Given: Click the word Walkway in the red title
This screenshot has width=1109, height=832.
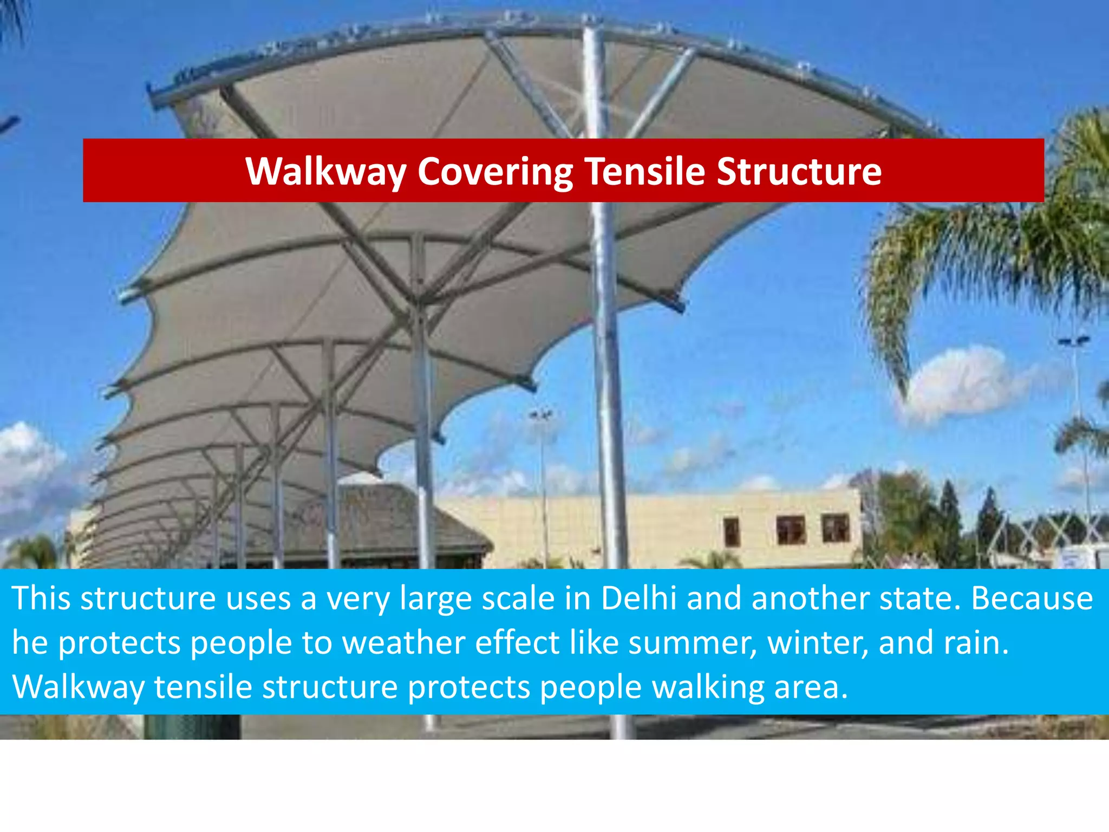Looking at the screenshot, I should [325, 172].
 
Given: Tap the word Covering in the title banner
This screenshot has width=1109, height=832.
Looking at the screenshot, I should [495, 172].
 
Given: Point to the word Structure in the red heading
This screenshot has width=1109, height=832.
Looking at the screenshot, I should [799, 172].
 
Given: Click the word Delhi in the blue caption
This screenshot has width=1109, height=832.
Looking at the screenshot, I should [638, 599].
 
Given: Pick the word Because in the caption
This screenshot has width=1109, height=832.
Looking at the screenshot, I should [1032, 599].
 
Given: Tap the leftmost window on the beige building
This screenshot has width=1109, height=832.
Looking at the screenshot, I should [731, 531].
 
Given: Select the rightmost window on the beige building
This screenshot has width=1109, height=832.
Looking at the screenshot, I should [835, 528].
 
